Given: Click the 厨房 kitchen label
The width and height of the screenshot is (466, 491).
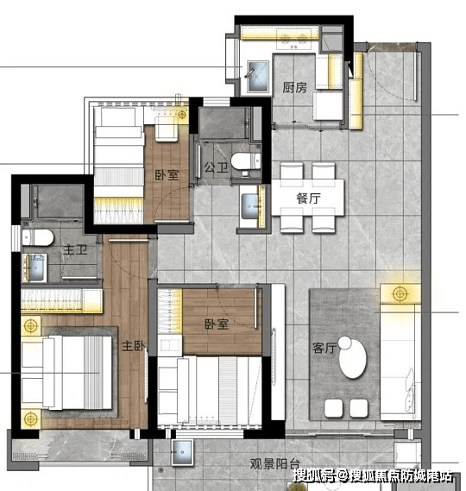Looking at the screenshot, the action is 294,88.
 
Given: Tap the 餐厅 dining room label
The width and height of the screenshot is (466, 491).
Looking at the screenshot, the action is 308,198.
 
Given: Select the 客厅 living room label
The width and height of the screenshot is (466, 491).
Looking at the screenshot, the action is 324,348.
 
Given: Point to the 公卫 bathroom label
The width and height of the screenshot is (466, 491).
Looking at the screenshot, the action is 216,167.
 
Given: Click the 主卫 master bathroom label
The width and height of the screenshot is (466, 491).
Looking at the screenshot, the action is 75,250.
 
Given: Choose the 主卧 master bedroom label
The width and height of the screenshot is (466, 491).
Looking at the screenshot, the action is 134,346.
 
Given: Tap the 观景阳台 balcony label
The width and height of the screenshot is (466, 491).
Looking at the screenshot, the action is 275,463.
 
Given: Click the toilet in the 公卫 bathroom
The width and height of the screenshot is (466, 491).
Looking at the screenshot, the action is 246,161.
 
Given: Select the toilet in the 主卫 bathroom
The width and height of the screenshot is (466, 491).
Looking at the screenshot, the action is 38,237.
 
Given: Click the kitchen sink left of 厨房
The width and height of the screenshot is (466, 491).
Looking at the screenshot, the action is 258,77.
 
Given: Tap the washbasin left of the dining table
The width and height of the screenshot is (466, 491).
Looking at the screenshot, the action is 250,206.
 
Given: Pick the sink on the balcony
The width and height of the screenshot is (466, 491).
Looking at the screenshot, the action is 182,452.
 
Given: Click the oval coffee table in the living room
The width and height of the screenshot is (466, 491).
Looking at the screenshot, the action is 352,358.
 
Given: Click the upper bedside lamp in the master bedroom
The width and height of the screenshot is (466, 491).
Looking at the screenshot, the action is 31,325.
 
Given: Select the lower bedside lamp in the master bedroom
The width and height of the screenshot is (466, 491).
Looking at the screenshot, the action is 31,419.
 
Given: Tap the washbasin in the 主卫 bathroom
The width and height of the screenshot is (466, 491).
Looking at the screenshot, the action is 35,268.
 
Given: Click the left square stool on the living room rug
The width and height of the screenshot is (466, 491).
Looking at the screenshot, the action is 333,408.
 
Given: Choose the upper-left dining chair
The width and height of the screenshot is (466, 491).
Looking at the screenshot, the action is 292,171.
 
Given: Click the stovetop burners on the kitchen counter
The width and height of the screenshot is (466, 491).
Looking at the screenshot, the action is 293,39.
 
